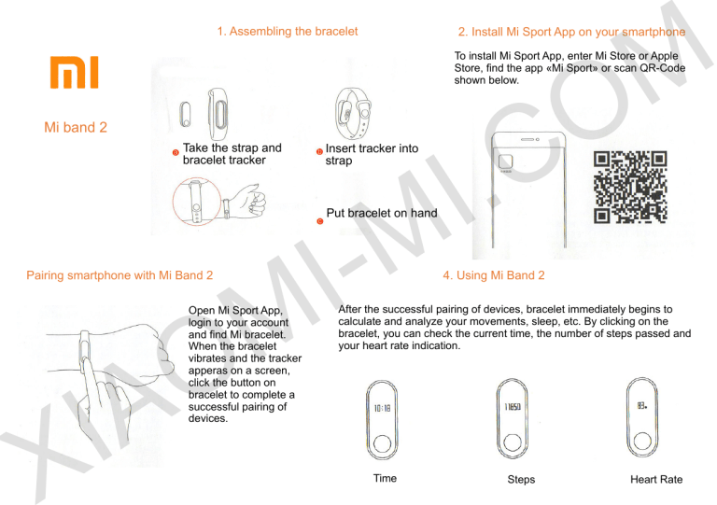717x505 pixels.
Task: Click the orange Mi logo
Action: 74,72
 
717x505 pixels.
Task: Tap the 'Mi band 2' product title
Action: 76,127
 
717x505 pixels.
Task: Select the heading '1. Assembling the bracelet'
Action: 288,31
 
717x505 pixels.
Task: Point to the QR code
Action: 630,187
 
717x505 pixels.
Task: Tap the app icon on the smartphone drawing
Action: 505,161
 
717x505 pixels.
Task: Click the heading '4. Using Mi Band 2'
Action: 494,275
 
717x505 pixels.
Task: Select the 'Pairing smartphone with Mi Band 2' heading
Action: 119,275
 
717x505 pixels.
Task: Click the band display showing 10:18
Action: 382,408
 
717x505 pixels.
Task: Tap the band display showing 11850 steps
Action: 513,406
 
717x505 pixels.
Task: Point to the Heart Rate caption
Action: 656,480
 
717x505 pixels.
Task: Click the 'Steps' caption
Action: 521,480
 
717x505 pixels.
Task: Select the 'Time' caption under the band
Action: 385,478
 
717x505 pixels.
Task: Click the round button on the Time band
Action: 382,443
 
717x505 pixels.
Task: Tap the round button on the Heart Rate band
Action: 642,441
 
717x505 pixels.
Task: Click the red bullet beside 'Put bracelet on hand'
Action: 320,221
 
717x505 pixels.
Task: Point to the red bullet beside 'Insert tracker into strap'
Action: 319,152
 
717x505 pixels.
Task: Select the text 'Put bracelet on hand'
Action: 382,213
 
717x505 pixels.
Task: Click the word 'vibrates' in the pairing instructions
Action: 208,358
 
